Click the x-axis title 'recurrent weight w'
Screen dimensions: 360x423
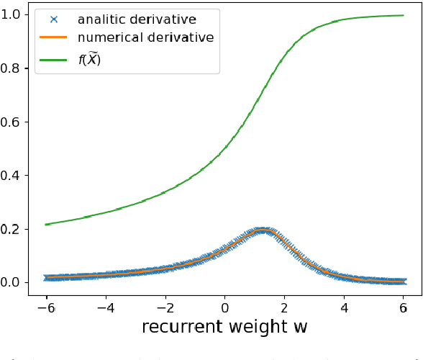(x=224, y=327)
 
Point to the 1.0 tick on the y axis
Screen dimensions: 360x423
(x=20, y=14)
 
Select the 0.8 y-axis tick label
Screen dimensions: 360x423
(x=20, y=68)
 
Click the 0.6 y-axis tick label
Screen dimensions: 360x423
(x=20, y=122)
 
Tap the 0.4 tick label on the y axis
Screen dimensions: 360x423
(x=20, y=175)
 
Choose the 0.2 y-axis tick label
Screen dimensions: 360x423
(x=20, y=229)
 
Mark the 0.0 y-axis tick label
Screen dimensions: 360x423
(x=20, y=282)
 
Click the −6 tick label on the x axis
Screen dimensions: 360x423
(x=45, y=303)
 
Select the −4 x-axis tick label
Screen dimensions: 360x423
(x=104, y=303)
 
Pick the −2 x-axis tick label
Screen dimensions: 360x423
(x=164, y=303)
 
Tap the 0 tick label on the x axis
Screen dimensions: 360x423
(x=224, y=303)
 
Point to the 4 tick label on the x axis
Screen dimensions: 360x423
(x=345, y=303)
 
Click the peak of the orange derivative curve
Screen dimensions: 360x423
(x=263, y=230)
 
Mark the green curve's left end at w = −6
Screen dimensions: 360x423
(x=47, y=224)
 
